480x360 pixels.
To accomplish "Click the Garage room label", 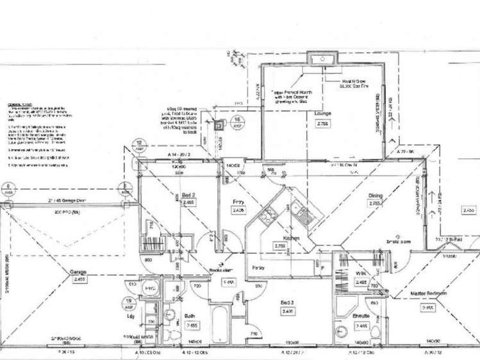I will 78,271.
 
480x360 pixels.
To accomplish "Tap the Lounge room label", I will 322,113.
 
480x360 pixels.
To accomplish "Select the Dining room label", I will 375,197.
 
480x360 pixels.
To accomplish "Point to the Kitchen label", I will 279,237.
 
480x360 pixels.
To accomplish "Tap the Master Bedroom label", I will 429,293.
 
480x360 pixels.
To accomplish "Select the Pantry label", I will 258,266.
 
